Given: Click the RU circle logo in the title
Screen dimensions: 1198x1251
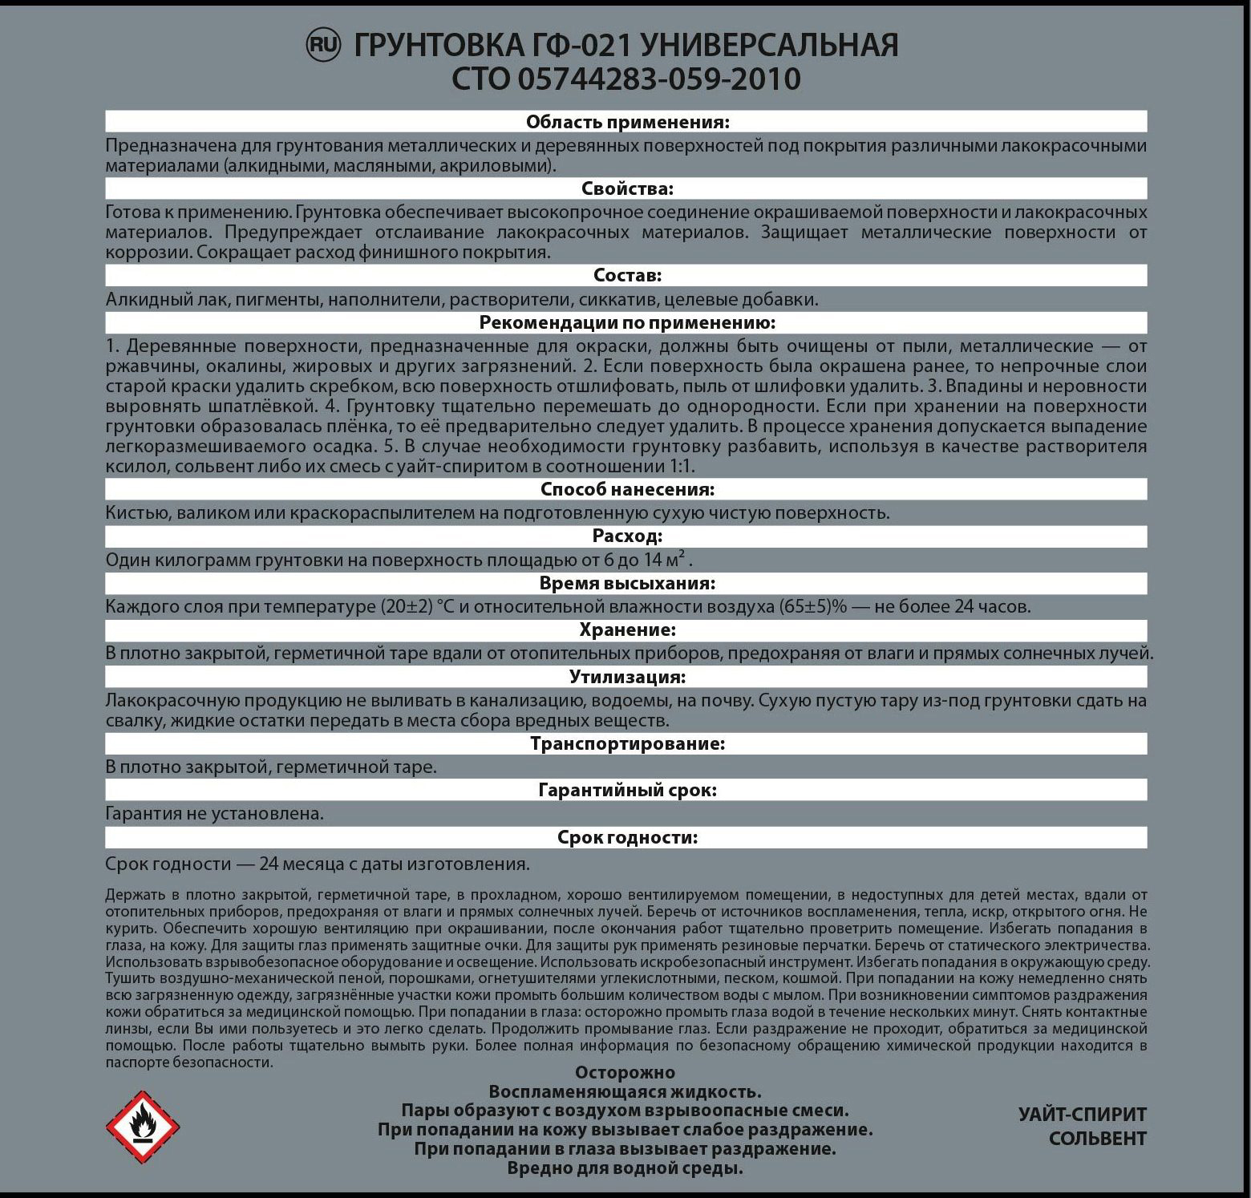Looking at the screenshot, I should pos(324,46).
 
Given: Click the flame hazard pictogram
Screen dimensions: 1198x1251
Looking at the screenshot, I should pos(143,1127).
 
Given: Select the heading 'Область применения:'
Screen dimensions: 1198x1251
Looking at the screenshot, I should pos(627,122).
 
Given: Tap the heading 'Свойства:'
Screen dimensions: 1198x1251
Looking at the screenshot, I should pos(627,188).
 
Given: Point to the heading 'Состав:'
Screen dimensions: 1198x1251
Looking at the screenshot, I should pos(627,275).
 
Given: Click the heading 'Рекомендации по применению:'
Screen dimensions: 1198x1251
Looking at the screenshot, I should pos(627,322).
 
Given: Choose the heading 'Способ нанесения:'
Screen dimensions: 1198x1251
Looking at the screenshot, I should pos(627,489).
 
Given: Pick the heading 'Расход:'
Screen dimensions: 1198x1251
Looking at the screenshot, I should pos(627,536).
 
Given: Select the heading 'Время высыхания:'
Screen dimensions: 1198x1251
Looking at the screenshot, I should pos(627,583).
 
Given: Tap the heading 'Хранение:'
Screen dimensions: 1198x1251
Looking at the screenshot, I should pos(627,629).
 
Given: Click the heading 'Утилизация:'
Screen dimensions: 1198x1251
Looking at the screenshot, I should pos(627,677).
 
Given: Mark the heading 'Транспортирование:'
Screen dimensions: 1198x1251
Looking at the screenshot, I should pos(627,743).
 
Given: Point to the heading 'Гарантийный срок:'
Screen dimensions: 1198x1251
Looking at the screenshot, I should pos(627,790).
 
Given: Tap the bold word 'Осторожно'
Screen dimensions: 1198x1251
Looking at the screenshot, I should pos(625,1073).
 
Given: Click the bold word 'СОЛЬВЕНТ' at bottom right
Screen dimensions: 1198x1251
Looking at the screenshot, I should pos(1097,1139).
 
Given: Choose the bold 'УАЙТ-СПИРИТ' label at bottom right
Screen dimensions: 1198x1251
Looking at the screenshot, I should pos(1082,1115).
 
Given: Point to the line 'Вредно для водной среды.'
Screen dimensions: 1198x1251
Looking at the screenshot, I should pos(625,1168).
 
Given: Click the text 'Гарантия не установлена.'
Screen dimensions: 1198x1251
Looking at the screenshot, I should pos(215,814).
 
